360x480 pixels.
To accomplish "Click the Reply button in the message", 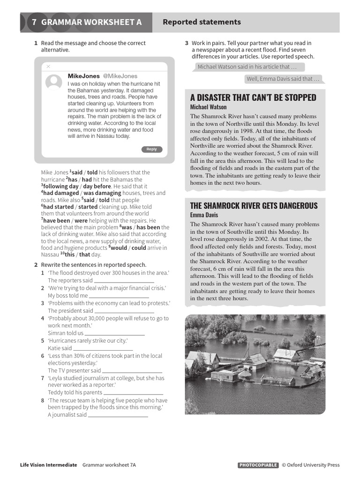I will click(151, 150).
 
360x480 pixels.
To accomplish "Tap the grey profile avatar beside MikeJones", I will click(54, 82).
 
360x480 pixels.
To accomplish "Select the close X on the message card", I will click(48, 67).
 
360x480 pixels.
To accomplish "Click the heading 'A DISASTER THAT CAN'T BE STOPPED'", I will click(253, 97).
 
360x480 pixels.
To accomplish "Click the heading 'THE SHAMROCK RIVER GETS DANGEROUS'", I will click(254, 206).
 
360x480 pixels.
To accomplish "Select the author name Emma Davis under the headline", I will click(204, 215).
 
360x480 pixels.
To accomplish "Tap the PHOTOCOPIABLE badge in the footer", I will click(258, 465).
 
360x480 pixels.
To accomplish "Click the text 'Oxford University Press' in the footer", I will click(313, 465).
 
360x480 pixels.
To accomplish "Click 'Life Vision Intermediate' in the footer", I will click(49, 465).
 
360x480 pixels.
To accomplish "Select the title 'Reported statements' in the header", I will click(202, 22).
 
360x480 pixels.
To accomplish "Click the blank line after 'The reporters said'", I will click(124, 281).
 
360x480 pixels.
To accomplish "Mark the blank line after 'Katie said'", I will click(103, 349).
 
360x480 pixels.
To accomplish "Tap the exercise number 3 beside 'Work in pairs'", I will click(187, 43).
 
